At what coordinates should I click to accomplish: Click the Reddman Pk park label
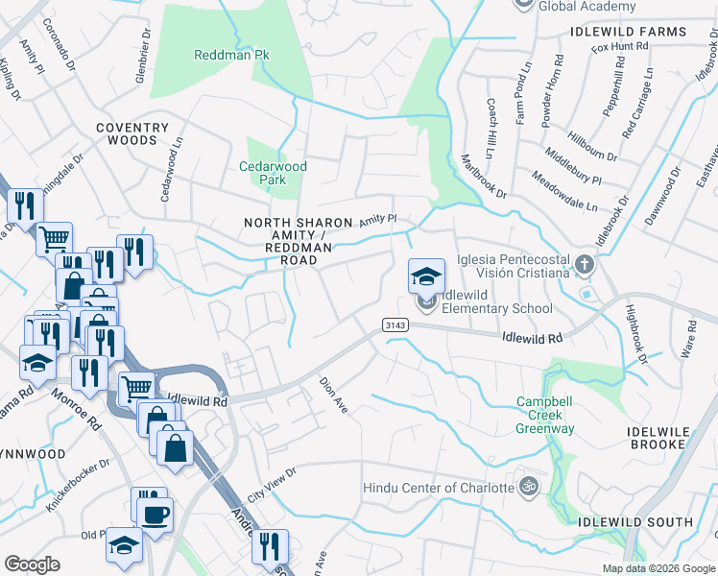tap(230, 56)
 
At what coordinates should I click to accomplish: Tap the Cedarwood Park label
tap(273, 173)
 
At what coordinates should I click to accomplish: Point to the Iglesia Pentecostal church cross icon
tap(583, 262)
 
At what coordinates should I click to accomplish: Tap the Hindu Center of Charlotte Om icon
tap(526, 487)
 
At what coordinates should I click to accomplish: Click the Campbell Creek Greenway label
tap(545, 415)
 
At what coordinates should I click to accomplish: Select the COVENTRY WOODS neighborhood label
tap(132, 133)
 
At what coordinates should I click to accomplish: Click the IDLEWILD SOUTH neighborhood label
tap(634, 522)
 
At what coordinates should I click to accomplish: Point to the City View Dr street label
tap(272, 486)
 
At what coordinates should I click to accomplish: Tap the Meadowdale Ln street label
tap(563, 192)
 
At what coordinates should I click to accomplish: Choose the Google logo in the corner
tap(32, 564)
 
